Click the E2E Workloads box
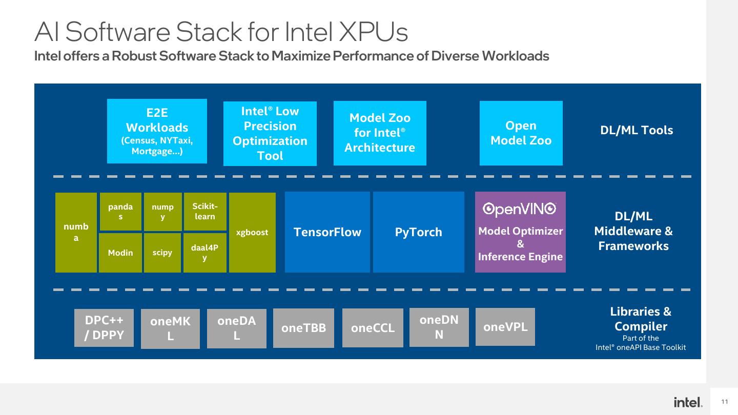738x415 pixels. click(x=157, y=131)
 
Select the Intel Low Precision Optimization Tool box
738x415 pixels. click(x=270, y=133)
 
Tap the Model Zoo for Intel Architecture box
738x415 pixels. click(x=380, y=133)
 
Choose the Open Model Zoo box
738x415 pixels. click(x=521, y=133)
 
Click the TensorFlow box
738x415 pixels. click(x=327, y=232)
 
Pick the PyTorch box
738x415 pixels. click(x=418, y=232)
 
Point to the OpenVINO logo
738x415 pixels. click(x=520, y=209)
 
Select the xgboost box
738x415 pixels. click(x=252, y=233)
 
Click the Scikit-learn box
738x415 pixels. click(x=205, y=212)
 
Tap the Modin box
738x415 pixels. click(x=120, y=253)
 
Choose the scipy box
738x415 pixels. click(x=162, y=253)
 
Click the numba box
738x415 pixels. click(x=76, y=233)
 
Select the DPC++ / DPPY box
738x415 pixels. click(x=104, y=328)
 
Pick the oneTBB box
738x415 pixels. click(x=303, y=328)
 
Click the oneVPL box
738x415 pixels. click(x=505, y=327)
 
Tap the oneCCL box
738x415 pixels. click(x=373, y=328)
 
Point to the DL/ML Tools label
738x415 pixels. click(x=637, y=131)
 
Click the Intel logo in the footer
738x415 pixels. click(x=688, y=402)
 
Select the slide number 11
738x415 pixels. click(x=725, y=402)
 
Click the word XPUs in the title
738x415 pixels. click(x=373, y=32)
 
